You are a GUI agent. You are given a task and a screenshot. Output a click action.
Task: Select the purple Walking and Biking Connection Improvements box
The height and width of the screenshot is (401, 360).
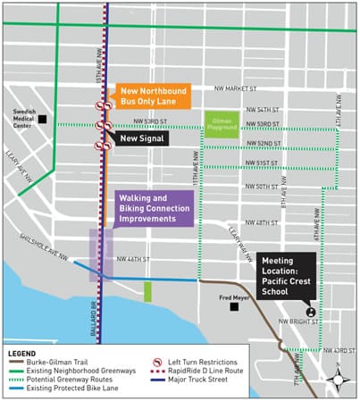tap(154, 207)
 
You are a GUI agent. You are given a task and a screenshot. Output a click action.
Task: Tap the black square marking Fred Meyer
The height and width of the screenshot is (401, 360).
tap(233, 306)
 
